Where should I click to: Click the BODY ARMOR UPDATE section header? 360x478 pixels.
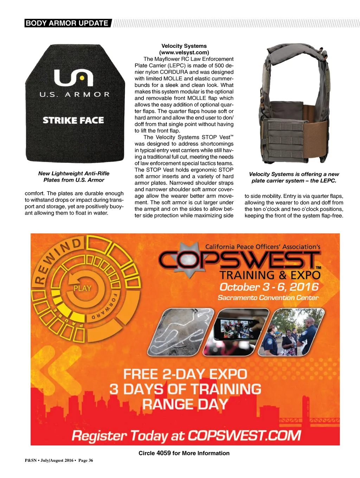pyautogui.click(x=67, y=23)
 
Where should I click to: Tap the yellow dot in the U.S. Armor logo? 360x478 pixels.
pyautogui.click(x=82, y=77)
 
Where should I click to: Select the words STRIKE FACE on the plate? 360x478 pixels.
pyautogui.click(x=73, y=120)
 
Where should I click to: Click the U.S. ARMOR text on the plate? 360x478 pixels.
pyautogui.click(x=75, y=95)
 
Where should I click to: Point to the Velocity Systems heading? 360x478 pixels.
pyautogui.click(x=184, y=46)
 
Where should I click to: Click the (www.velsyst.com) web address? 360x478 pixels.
pyautogui.click(x=184, y=52)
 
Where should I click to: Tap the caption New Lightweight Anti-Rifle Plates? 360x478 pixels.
pyautogui.click(x=74, y=177)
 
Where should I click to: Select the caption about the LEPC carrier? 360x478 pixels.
pyautogui.click(x=294, y=177)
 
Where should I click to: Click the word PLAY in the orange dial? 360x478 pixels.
pyautogui.click(x=82, y=289)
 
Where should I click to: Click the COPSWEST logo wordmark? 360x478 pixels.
pyautogui.click(x=239, y=260)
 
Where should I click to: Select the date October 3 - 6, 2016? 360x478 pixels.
pyautogui.click(x=269, y=287)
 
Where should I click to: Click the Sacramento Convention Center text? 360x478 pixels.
pyautogui.click(x=268, y=298)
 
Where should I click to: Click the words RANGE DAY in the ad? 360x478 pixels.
pyautogui.click(x=185, y=404)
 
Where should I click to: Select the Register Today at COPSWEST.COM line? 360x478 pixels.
pyautogui.click(x=186, y=436)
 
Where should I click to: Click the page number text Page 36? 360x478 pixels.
pyautogui.click(x=86, y=460)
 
